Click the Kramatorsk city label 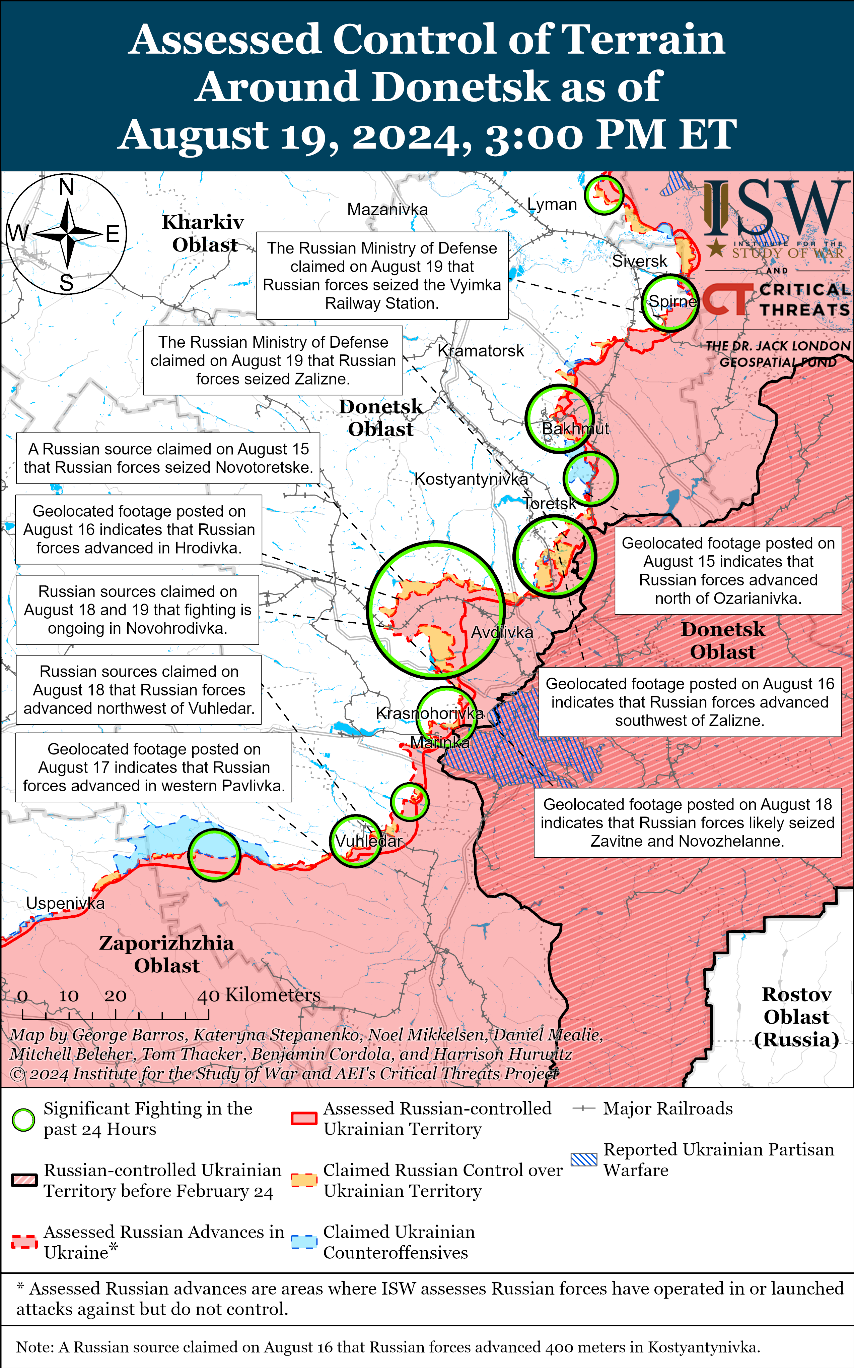tap(481, 351)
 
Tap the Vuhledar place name tap(368, 841)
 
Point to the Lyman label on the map tap(552, 205)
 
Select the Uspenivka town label tap(66, 903)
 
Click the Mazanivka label tap(387, 210)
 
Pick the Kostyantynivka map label tap(471, 479)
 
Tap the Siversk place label tap(639, 261)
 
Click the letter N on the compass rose tap(67, 186)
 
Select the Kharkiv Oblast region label tap(203, 233)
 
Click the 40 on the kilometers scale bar tap(208, 996)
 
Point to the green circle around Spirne tap(670, 303)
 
